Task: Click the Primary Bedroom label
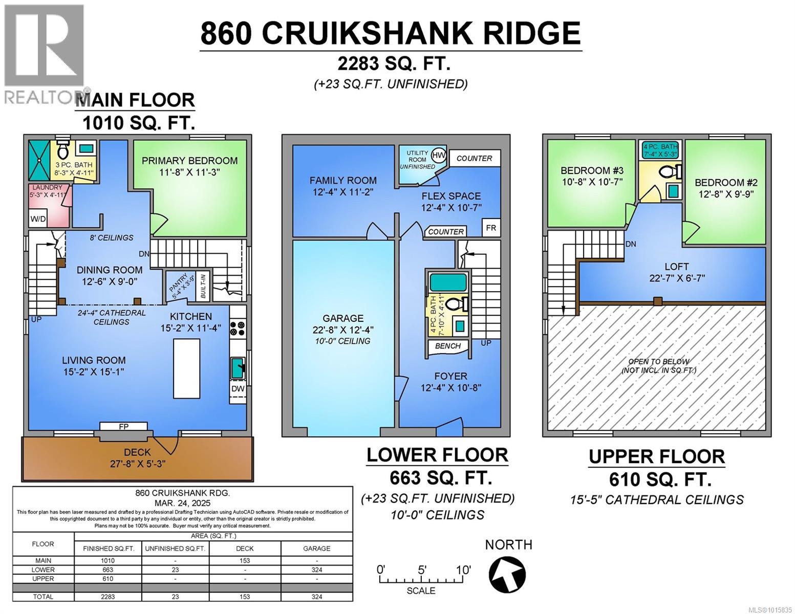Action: [x=189, y=161]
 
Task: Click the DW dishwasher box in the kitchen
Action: [x=238, y=388]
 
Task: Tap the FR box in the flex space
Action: [x=490, y=228]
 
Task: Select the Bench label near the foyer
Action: [x=448, y=346]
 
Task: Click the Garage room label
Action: [x=343, y=318]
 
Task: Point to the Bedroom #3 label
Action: [x=591, y=170]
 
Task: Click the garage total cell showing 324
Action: [x=316, y=597]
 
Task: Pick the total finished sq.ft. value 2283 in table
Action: [x=108, y=597]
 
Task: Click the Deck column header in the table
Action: [x=245, y=549]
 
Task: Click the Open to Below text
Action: [x=658, y=361]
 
